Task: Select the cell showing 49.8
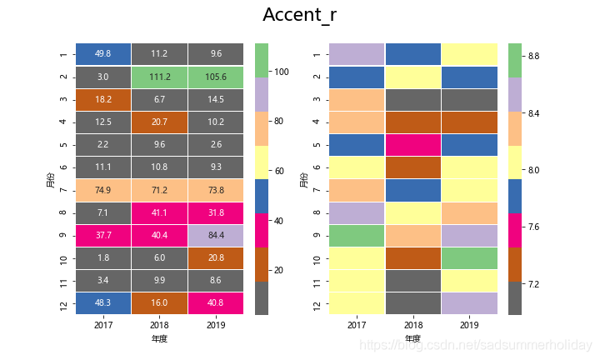tap(103, 54)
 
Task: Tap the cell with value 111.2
tap(160, 77)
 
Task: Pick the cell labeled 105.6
tap(217, 77)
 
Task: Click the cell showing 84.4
tap(217, 235)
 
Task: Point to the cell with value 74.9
tap(103, 190)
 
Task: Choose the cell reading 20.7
tap(160, 122)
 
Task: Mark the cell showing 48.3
tap(103, 303)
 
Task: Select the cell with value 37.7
tap(103, 235)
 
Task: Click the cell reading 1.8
tap(103, 258)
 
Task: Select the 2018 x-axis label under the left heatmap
tap(160, 324)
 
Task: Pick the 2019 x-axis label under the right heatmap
tap(469, 324)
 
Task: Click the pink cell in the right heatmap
tap(413, 145)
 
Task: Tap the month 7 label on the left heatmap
tap(64, 190)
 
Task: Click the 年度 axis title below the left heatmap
tap(160, 339)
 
